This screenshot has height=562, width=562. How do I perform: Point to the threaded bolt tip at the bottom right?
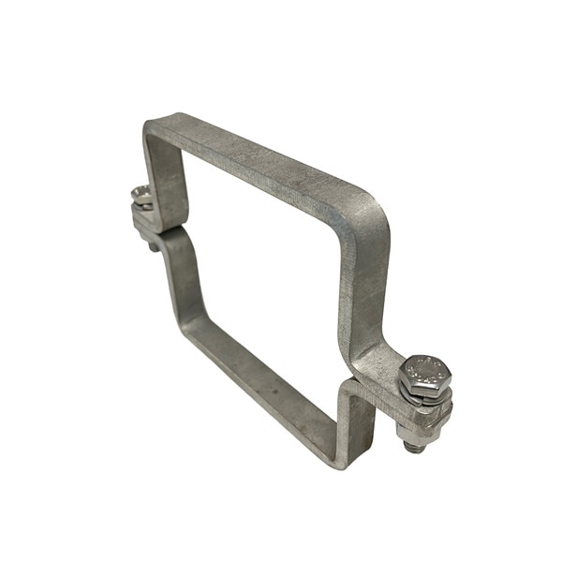[x=409, y=448]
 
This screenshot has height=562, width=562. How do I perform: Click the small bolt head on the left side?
[x=141, y=197]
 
